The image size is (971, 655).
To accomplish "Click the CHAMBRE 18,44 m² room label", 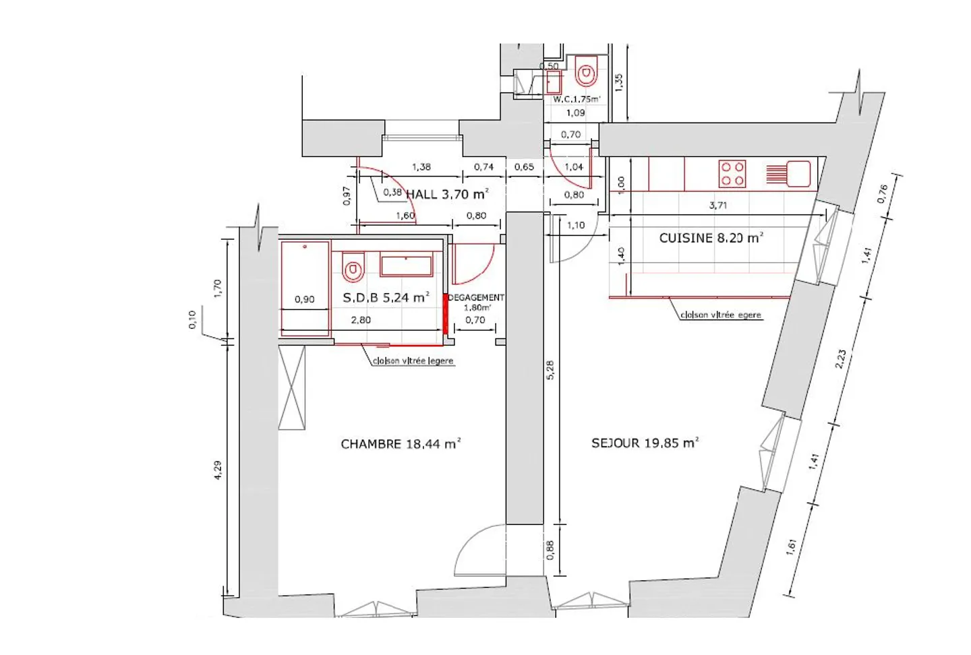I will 400,444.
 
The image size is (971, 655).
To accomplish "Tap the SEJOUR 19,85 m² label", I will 645,443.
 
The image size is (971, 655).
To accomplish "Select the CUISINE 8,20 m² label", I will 711,238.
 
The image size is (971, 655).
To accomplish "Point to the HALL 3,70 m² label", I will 446,194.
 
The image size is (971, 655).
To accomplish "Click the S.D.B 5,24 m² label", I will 386,297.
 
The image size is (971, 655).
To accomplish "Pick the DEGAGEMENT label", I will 476,297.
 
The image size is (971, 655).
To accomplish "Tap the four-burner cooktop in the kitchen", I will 732,173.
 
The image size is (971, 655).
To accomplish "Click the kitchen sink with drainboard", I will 788,174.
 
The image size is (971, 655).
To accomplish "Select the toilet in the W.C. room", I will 587,71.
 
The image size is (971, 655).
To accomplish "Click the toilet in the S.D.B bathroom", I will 353,268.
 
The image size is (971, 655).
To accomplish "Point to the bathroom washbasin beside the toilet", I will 406,266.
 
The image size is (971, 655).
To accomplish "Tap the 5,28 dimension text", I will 550,369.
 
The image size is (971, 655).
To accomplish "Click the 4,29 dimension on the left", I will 217,470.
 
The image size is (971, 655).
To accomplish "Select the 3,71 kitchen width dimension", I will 718,205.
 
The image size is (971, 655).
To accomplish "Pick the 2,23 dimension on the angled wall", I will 840,358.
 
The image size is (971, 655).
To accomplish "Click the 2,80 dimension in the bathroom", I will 361,320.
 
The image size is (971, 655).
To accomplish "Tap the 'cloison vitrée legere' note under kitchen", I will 720,315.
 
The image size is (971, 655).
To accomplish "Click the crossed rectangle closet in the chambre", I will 291,387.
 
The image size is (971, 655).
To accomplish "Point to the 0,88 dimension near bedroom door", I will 550,551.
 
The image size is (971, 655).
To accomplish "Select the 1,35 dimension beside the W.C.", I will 619,82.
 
